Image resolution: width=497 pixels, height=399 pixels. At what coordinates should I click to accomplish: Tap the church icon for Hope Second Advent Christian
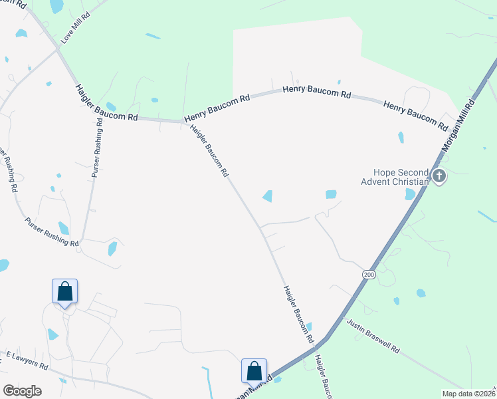tap(439, 176)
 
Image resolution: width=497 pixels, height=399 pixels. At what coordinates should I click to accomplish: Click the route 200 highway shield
tap(368, 274)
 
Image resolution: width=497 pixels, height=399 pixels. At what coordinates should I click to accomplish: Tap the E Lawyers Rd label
tap(27, 361)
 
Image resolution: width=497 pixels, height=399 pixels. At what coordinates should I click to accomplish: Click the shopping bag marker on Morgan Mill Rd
tap(254, 370)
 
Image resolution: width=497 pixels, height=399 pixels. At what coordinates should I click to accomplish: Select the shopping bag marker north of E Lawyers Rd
tap(64, 291)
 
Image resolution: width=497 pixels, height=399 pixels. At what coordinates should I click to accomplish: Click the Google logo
tap(22, 391)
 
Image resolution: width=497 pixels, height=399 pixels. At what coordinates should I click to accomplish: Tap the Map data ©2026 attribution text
tap(469, 394)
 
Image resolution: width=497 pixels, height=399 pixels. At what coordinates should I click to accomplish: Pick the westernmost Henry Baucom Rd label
tap(217, 107)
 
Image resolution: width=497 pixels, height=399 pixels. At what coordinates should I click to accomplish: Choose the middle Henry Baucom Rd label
tap(317, 92)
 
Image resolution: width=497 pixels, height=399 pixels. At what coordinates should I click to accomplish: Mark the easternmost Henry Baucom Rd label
tap(416, 114)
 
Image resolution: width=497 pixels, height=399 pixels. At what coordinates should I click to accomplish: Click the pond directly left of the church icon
tap(410, 194)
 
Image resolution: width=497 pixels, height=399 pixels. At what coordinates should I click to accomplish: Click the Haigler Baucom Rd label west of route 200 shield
tap(298, 313)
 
